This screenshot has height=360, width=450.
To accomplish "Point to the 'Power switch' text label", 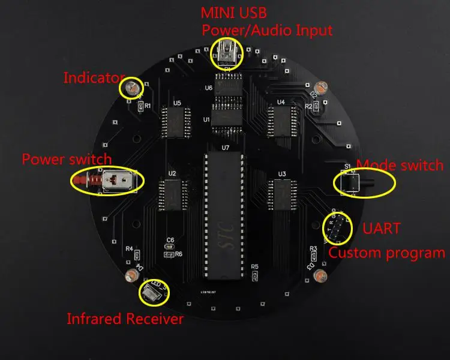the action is (x=67, y=159).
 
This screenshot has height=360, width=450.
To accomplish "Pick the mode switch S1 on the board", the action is (x=350, y=181).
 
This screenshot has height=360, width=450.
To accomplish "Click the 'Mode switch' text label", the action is (x=400, y=165).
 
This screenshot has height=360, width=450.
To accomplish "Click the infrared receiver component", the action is (x=152, y=292).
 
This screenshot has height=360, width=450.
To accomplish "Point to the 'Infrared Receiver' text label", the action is (x=125, y=319).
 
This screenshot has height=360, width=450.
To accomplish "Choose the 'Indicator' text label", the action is (x=94, y=77).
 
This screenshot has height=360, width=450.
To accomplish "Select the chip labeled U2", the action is (x=172, y=195).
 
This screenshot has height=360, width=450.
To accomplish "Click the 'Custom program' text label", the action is (x=386, y=253).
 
